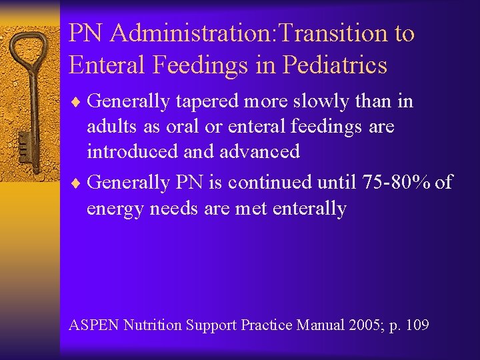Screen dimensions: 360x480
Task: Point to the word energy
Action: pos(117,209)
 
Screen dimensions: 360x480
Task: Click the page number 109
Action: pos(415,325)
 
